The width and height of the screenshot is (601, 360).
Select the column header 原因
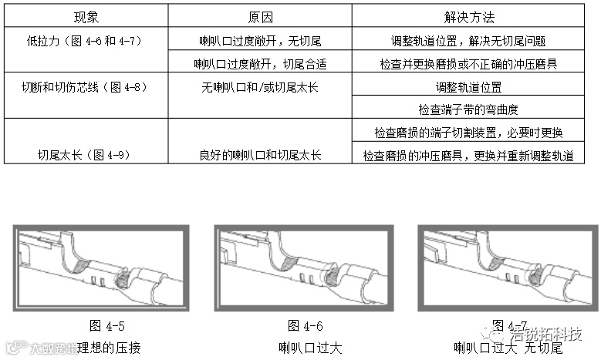click(x=259, y=16)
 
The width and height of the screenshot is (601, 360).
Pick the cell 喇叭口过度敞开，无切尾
click(x=260, y=40)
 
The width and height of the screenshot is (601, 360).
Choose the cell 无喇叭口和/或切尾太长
click(x=260, y=86)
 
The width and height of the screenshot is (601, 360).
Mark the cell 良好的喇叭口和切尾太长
click(x=260, y=155)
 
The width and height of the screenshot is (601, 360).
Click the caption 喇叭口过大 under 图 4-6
click(x=305, y=347)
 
